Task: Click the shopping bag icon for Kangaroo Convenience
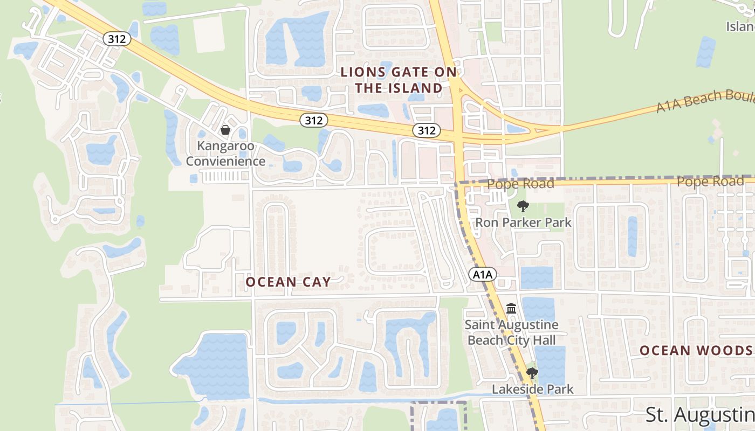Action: click(x=225, y=130)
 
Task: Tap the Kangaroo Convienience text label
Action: click(x=225, y=153)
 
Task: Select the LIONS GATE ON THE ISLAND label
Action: click(x=399, y=80)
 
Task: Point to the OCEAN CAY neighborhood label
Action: click(x=288, y=282)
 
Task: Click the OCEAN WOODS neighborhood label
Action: click(x=696, y=351)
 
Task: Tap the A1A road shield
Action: click(x=482, y=275)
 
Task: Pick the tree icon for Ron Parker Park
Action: click(x=523, y=206)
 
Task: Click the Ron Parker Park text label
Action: click(x=523, y=222)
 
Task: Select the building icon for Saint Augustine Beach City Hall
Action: click(x=511, y=309)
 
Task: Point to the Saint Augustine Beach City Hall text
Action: click(x=511, y=332)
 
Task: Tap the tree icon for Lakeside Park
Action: click(x=532, y=373)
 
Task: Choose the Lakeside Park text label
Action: click(x=532, y=389)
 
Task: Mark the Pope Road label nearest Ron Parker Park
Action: click(x=520, y=184)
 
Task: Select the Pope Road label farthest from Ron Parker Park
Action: click(x=710, y=182)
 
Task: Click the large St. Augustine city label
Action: click(x=700, y=415)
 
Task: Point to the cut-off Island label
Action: click(x=740, y=26)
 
